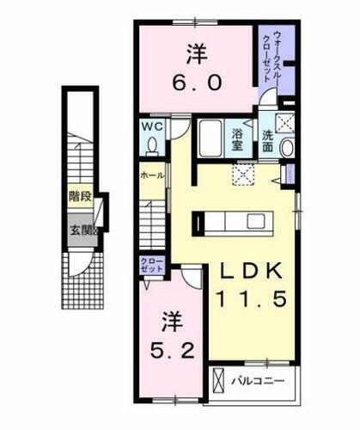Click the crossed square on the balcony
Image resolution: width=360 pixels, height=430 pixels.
tap(222, 379)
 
